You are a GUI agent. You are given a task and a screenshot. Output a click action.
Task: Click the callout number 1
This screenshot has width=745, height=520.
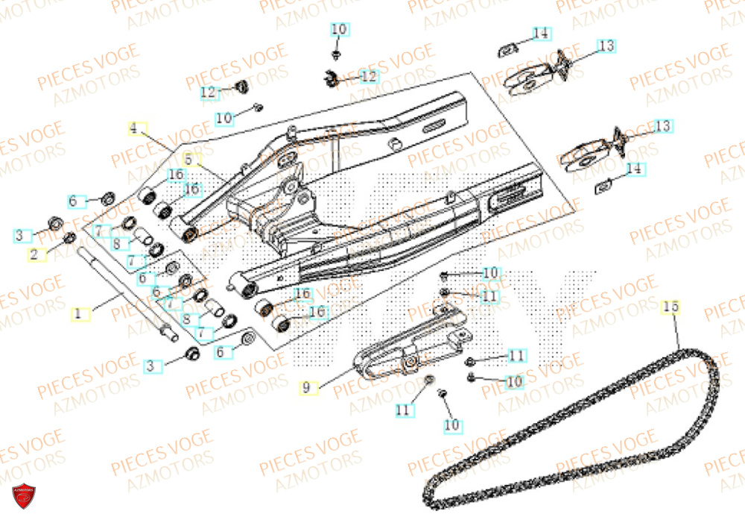pyautogui.click(x=77, y=314)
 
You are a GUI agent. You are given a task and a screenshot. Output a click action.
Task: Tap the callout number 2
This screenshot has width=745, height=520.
pyautogui.click(x=33, y=254)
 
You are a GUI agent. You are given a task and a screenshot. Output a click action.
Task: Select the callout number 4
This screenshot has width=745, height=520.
pyautogui.click(x=133, y=128)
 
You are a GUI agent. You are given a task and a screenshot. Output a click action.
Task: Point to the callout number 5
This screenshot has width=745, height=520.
pyautogui.click(x=188, y=160)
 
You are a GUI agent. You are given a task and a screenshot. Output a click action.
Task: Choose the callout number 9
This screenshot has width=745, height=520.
pyautogui.click(x=305, y=387)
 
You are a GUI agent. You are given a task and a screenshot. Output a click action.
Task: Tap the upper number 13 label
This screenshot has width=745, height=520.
pyautogui.click(x=607, y=46)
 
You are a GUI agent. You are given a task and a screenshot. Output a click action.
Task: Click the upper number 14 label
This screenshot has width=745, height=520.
pyautogui.click(x=541, y=34)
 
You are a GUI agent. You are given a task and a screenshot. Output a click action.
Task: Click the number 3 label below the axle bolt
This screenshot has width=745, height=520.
pyautogui.click(x=150, y=366)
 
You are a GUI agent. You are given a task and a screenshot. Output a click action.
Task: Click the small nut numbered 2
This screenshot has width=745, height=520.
pyautogui.click(x=69, y=238)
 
